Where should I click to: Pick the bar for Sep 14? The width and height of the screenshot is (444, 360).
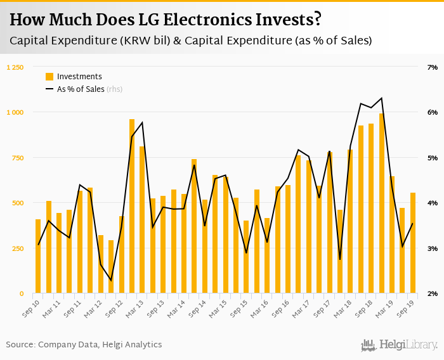tap(204, 247)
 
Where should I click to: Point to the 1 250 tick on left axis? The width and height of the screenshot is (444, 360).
tap(15, 67)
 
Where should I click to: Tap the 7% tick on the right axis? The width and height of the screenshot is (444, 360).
tap(433, 67)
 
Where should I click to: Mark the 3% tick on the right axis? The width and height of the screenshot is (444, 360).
tap(433, 248)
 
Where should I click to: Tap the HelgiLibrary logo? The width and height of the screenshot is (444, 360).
tap(400, 345)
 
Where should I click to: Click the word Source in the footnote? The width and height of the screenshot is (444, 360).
tap(20, 345)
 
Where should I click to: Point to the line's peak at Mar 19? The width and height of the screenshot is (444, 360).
tap(381, 98)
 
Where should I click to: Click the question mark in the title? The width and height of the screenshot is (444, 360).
tap(317, 20)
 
